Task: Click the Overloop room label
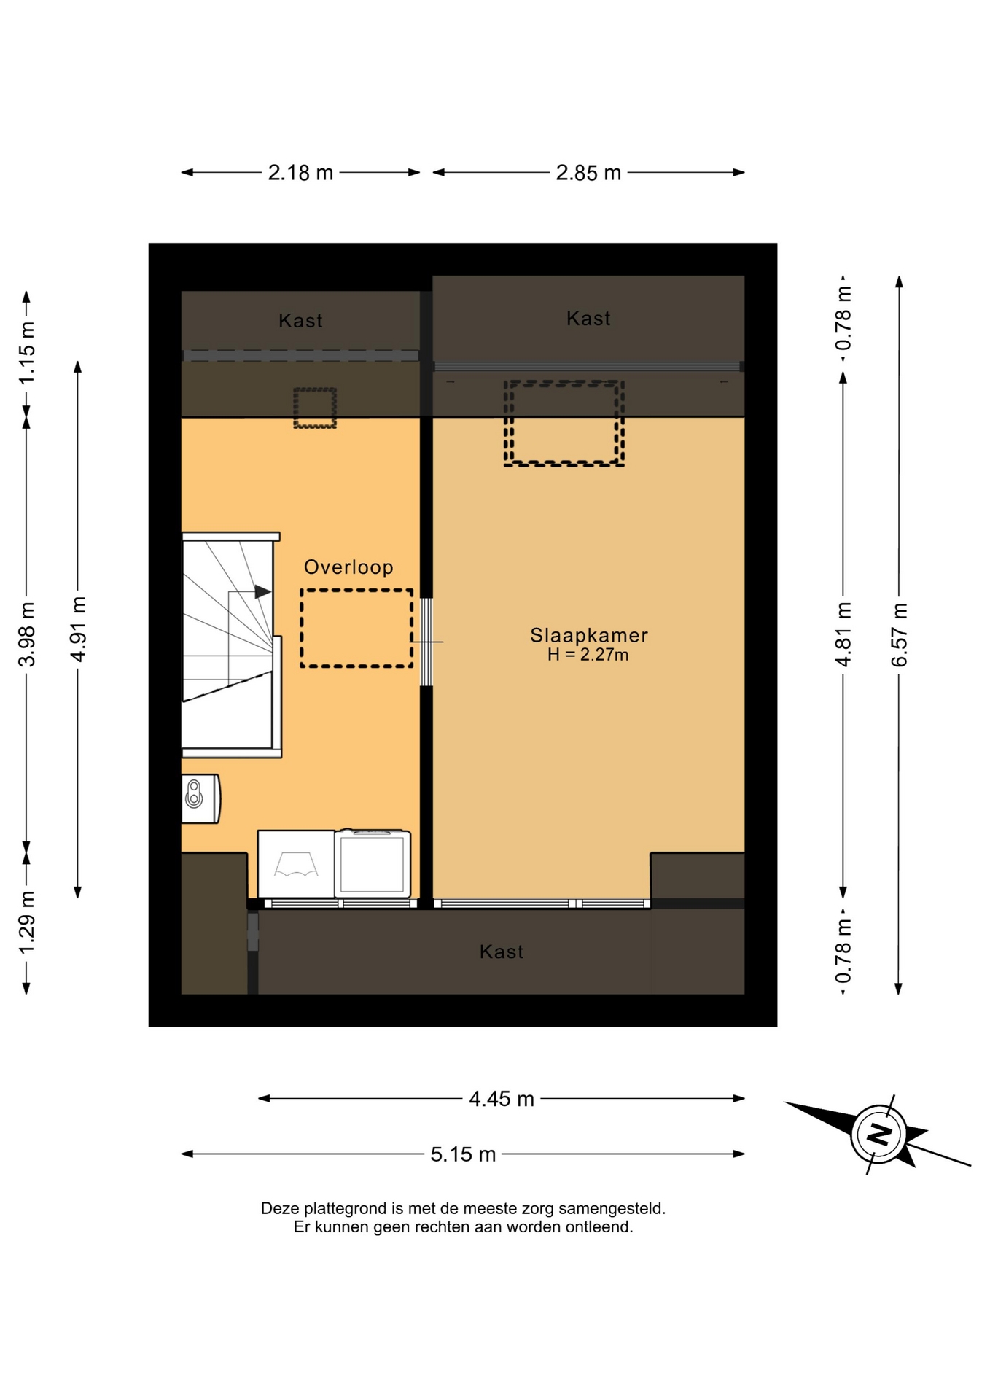(x=348, y=567)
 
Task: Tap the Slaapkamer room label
(x=589, y=635)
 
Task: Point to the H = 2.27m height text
(x=588, y=655)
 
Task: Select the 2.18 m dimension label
(x=300, y=173)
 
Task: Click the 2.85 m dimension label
(x=588, y=173)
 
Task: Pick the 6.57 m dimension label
(x=899, y=634)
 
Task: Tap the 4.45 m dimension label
(x=502, y=1099)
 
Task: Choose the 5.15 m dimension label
(x=463, y=1154)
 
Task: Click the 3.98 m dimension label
(x=27, y=634)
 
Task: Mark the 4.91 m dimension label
(x=78, y=629)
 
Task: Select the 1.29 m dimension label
(x=27, y=922)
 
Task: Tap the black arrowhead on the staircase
(x=262, y=592)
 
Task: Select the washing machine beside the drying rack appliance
(x=373, y=864)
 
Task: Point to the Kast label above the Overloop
(x=300, y=321)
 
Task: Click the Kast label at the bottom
(x=502, y=952)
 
